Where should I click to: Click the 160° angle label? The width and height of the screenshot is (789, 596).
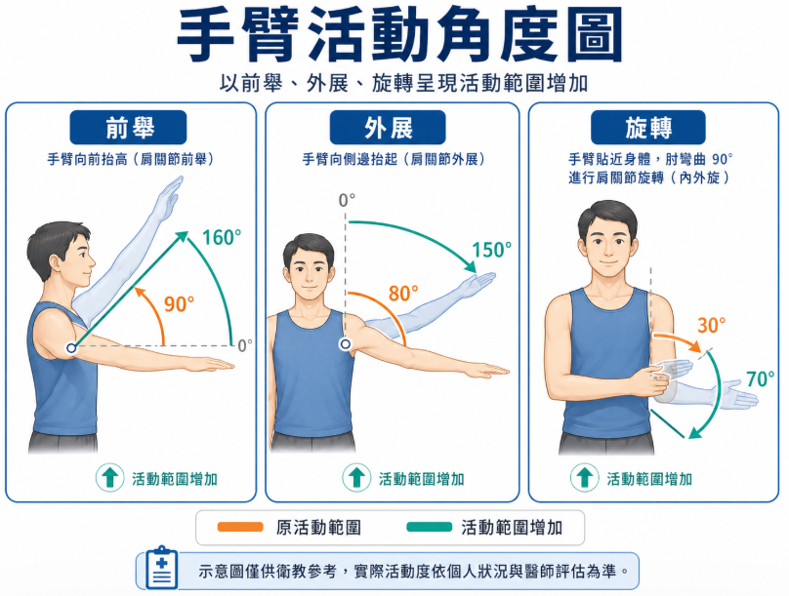click(222, 238)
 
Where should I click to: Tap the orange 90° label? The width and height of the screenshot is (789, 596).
click(179, 304)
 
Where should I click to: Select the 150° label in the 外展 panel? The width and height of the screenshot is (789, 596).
click(491, 250)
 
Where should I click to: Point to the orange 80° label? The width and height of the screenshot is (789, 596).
click(403, 294)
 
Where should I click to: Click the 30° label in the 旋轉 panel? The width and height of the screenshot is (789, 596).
click(712, 325)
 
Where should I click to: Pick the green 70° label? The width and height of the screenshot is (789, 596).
click(761, 378)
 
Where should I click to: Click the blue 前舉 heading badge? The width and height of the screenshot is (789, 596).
click(128, 128)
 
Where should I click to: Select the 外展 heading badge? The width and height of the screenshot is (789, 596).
click(388, 128)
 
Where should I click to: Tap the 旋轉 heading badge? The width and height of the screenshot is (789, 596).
click(648, 128)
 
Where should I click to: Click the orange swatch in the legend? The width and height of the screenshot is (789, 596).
click(240, 527)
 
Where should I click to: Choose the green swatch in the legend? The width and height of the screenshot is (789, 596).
click(430, 527)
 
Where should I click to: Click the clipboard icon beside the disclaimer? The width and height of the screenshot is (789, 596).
click(161, 568)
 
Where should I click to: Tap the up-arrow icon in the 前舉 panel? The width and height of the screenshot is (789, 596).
click(109, 477)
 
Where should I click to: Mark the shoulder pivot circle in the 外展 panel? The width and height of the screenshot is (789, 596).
click(346, 344)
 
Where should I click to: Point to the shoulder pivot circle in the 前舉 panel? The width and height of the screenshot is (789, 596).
click(72, 348)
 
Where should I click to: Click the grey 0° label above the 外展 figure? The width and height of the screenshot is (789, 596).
click(347, 201)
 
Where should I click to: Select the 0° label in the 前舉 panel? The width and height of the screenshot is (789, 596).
click(245, 345)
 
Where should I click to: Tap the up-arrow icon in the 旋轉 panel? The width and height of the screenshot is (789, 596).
click(584, 477)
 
